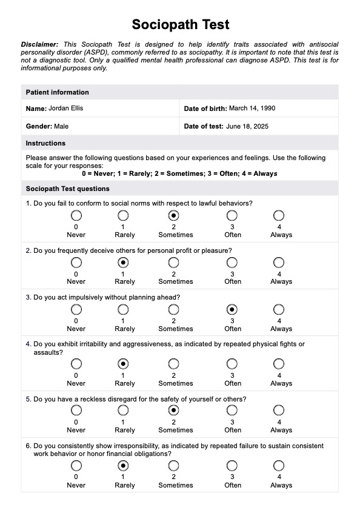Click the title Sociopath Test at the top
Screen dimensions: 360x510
tap(181, 24)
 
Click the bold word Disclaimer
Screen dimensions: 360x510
tap(39, 44)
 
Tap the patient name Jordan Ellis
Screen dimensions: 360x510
tap(65, 109)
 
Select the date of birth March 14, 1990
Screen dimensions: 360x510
tap(252, 109)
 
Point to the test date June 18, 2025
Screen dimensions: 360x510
tap(247, 127)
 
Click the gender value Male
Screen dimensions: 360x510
tap(61, 127)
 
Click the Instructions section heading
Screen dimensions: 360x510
tap(45, 144)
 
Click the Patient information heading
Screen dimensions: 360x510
tap(57, 92)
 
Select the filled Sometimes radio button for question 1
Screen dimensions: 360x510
tap(174, 216)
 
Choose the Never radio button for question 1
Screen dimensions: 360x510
tap(76, 216)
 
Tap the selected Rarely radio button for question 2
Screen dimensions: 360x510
tap(123, 263)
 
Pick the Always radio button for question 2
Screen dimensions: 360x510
tap(279, 263)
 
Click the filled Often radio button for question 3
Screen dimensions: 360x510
tap(232, 310)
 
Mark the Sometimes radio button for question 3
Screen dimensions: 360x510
tap(174, 310)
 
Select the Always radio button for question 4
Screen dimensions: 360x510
tap(279, 364)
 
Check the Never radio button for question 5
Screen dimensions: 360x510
tap(76, 411)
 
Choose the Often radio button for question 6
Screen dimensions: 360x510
tap(232, 466)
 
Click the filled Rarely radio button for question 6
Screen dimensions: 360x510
tap(123, 466)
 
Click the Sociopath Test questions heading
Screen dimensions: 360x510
tap(68, 189)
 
